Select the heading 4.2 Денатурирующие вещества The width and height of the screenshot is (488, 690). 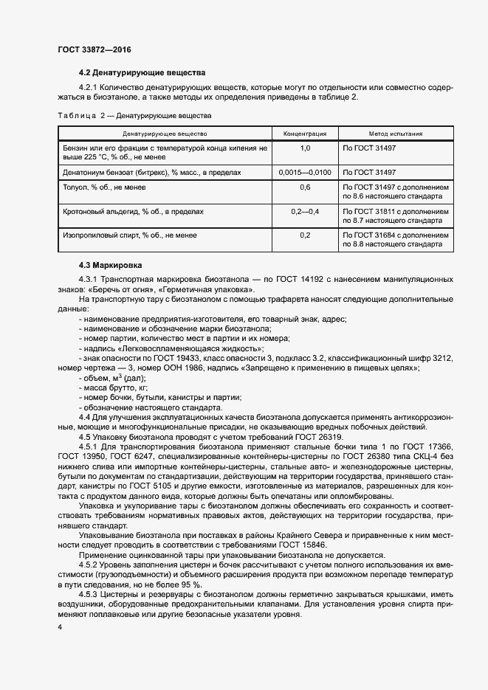142,72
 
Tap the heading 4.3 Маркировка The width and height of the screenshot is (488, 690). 111,264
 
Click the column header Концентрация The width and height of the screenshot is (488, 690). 305,134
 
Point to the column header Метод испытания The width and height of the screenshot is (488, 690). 396,134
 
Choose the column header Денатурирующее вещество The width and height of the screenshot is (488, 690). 165,134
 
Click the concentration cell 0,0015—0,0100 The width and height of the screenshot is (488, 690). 305,172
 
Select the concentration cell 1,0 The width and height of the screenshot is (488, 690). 305,148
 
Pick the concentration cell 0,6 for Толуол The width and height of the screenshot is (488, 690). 305,187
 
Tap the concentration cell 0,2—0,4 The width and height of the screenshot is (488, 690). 305,212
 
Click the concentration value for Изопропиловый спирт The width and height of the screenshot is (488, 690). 305,235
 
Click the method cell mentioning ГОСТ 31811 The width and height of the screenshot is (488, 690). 396,216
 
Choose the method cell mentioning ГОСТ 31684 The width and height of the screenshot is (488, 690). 396,240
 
